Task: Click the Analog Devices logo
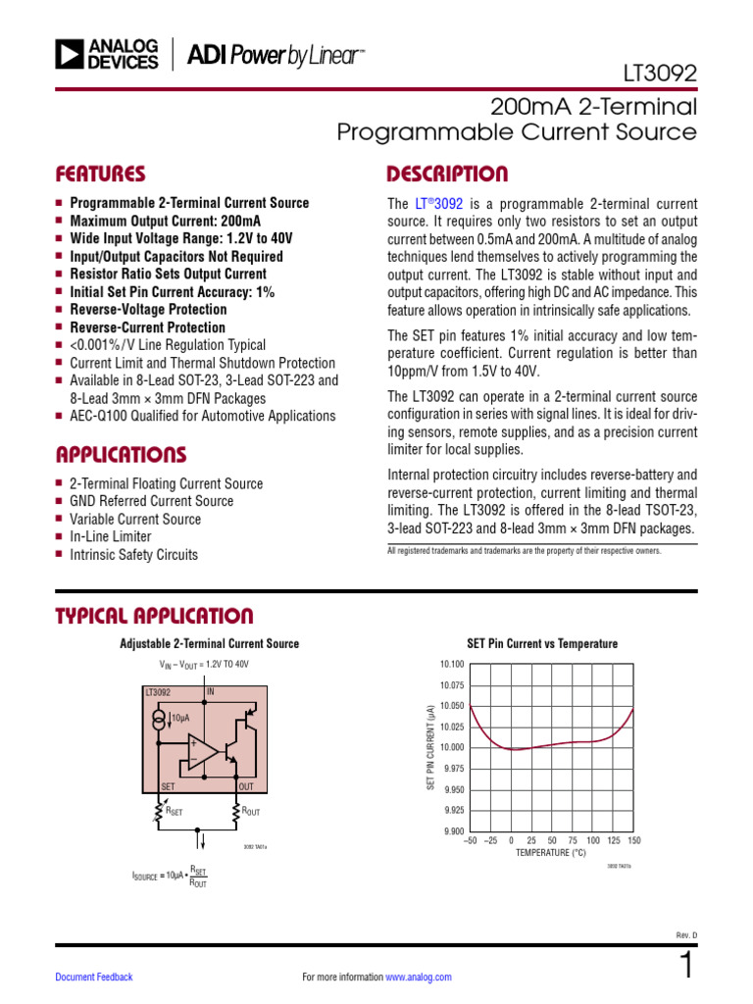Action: click(107, 55)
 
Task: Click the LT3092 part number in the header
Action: click(660, 73)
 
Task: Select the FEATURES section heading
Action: click(101, 175)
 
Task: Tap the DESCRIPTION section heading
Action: click(447, 175)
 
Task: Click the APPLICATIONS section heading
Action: click(121, 455)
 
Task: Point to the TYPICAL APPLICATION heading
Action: click(154, 616)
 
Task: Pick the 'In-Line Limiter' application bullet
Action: click(111, 537)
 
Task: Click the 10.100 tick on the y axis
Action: click(452, 665)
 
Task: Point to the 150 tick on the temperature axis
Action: click(633, 841)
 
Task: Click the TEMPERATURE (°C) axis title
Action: click(551, 853)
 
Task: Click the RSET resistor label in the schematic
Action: click(174, 812)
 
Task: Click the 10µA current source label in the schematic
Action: click(180, 719)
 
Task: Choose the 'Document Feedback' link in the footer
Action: click(94, 978)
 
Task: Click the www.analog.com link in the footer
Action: click(419, 978)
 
